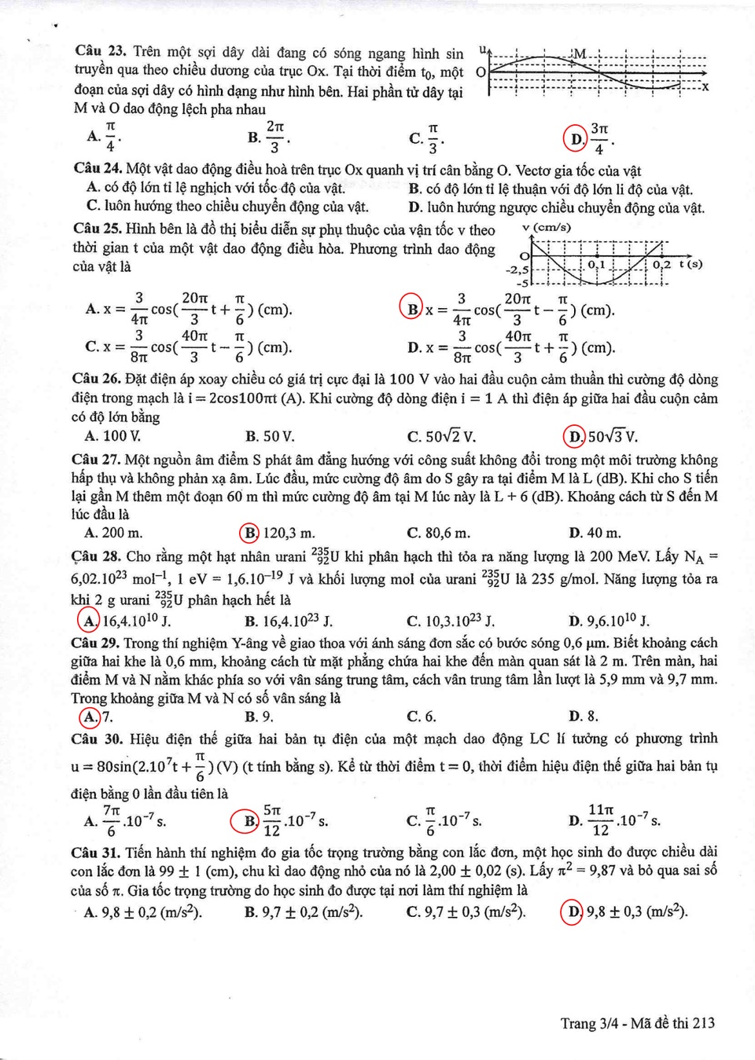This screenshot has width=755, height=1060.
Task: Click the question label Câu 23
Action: click(x=100, y=52)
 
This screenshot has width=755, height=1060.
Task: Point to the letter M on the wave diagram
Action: click(x=580, y=54)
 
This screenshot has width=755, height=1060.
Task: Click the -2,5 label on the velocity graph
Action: click(x=517, y=270)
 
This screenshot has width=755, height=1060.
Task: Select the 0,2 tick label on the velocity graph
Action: click(x=661, y=265)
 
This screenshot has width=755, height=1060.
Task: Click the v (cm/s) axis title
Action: click(x=547, y=228)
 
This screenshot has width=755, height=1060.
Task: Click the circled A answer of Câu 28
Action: click(x=89, y=621)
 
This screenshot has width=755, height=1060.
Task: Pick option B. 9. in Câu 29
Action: click(x=259, y=717)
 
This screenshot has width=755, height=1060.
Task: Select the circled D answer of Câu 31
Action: click(x=573, y=911)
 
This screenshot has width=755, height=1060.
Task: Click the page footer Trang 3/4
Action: click(x=589, y=1023)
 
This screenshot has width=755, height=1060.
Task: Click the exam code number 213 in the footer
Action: click(x=704, y=1023)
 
